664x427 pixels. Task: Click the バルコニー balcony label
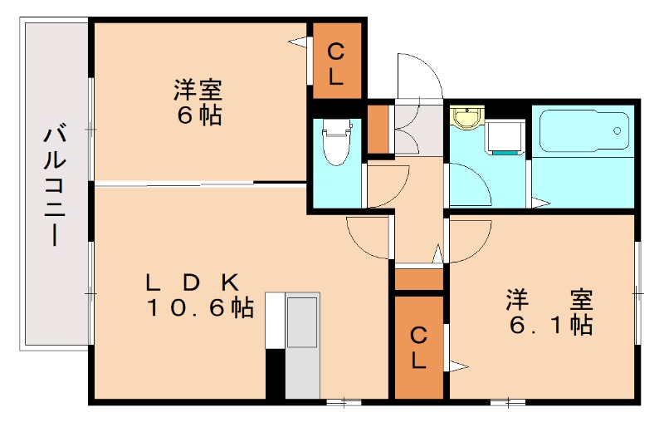55,185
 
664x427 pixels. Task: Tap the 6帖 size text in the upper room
198,115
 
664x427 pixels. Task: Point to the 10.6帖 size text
200,308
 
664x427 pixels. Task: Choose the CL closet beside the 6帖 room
335,64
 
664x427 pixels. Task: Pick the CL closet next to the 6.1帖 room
419,347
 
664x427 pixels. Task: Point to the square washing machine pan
504,137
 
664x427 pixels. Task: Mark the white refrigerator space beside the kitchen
275,321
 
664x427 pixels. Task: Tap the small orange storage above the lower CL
419,280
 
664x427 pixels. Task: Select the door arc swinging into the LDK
368,236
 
